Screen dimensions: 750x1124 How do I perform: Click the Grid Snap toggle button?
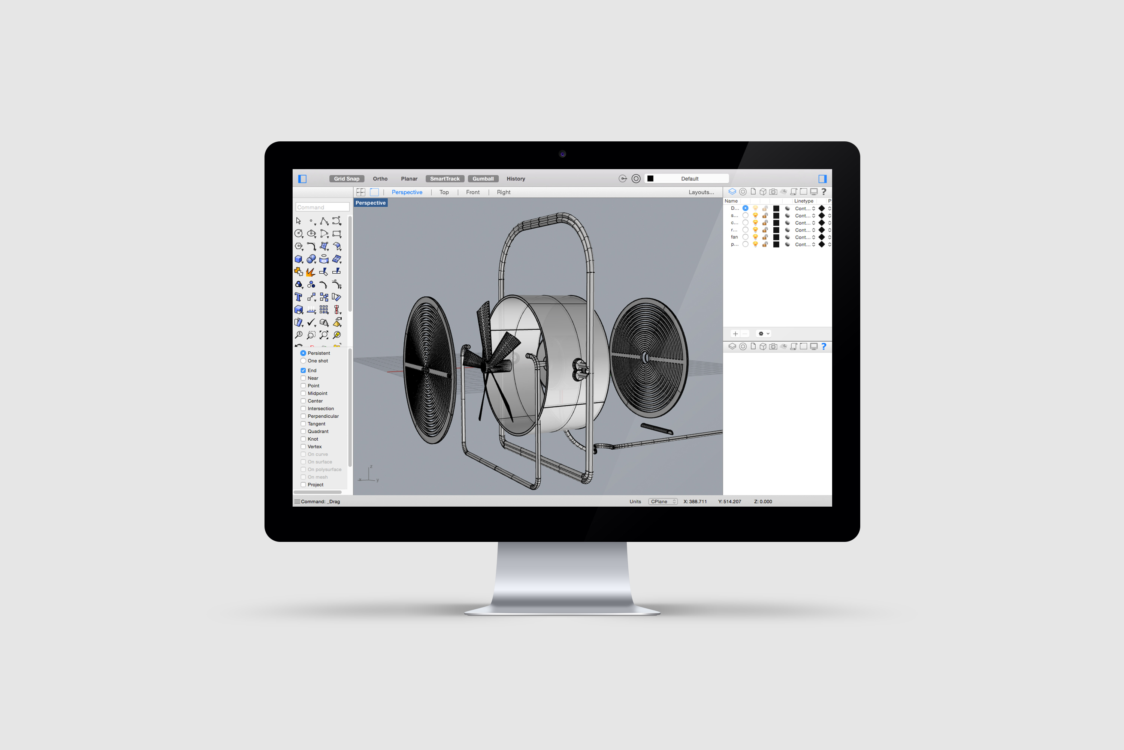click(x=347, y=179)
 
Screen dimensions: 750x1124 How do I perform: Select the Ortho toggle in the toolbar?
click(x=380, y=179)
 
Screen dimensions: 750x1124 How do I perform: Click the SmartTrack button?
click(x=444, y=179)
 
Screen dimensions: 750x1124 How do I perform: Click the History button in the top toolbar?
click(x=516, y=179)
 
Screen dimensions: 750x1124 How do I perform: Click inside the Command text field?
click(x=322, y=207)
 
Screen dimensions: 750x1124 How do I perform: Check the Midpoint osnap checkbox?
click(x=303, y=393)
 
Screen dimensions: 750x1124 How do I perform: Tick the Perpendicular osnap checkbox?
click(x=303, y=416)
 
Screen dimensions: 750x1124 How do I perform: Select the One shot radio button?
click(x=303, y=361)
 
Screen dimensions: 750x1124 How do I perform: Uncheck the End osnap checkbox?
click(x=303, y=370)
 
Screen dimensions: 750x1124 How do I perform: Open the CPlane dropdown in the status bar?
click(x=662, y=502)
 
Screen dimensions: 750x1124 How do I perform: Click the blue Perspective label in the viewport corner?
click(x=371, y=203)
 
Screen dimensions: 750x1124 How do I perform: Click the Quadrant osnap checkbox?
click(x=303, y=432)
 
